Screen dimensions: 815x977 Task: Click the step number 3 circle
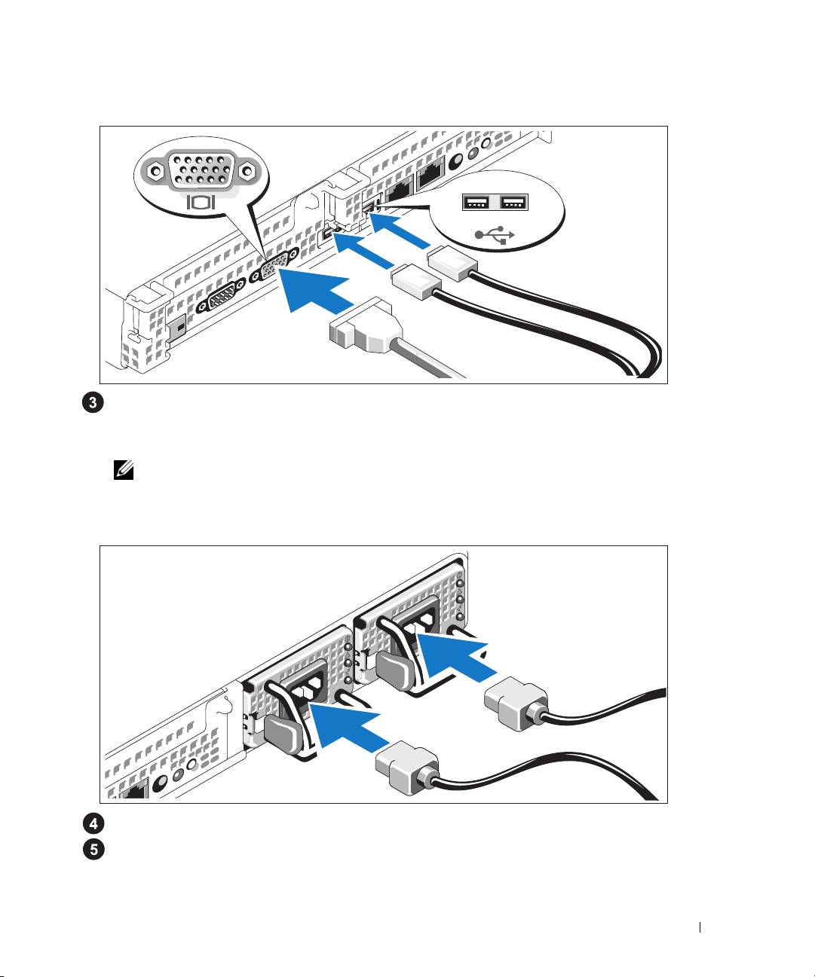pyautogui.click(x=93, y=402)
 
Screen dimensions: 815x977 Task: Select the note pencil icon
pyautogui.click(x=124, y=470)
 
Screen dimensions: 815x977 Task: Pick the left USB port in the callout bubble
pyautogui.click(x=476, y=203)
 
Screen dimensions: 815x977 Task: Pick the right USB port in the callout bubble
pyautogui.click(x=514, y=202)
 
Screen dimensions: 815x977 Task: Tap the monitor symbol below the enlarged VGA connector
pyautogui.click(x=201, y=202)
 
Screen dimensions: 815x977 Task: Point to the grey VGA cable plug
pyautogui.click(x=366, y=326)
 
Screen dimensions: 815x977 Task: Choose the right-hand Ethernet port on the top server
pyautogui.click(x=431, y=175)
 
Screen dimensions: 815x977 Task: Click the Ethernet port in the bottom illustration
pyautogui.click(x=134, y=791)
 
